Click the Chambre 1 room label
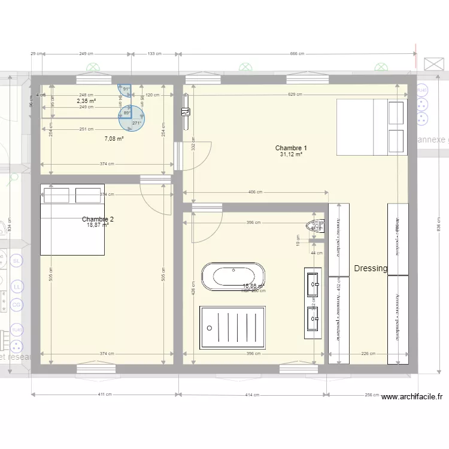tap(291, 148)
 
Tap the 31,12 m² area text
tap(291, 154)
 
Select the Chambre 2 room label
tap(98, 219)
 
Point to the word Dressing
tap(371, 269)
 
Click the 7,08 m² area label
tap(114, 139)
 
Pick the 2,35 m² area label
tap(86, 101)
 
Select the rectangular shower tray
tap(232, 327)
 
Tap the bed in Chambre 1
tap(372, 127)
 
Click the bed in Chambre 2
tap(72, 219)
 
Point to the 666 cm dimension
tap(298, 54)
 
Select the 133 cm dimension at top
tap(154, 54)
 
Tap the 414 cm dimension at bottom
tap(253, 395)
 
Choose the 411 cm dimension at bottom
tap(105, 395)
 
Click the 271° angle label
tap(136, 123)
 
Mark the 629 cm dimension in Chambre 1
tap(295, 95)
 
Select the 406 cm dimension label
tap(256, 192)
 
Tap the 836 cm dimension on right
tap(438, 227)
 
